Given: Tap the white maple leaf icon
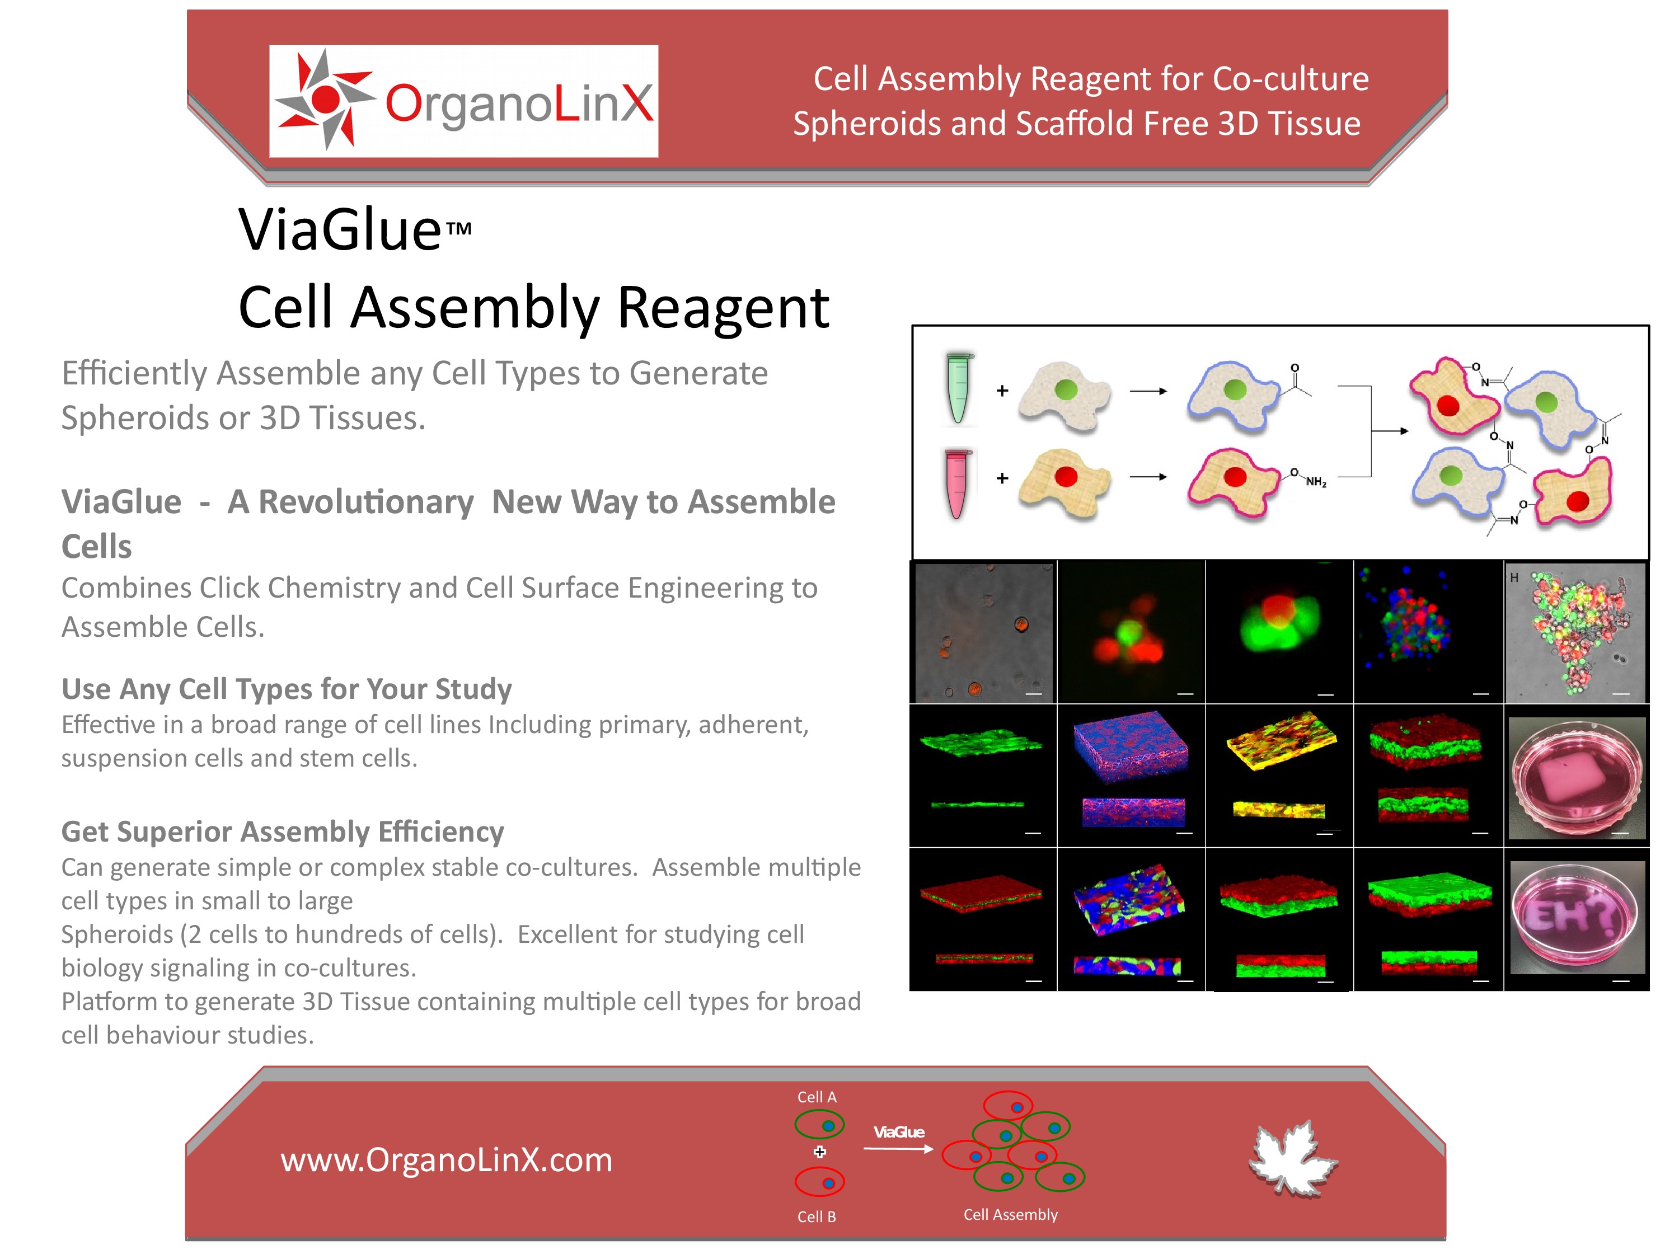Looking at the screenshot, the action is (x=1293, y=1159).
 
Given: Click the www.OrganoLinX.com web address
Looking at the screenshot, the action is (x=446, y=1159).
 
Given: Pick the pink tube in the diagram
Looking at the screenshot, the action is (x=958, y=483).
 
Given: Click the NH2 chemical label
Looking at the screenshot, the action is (x=1316, y=482).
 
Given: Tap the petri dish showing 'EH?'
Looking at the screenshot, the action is (x=1574, y=917).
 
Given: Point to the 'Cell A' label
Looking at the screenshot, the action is (x=817, y=1097).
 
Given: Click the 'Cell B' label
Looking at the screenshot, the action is (x=817, y=1216).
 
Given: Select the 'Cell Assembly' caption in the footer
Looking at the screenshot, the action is (x=1010, y=1215).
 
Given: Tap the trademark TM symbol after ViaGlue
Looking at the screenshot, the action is (x=458, y=228).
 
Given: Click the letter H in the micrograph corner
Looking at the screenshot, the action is (x=1514, y=577).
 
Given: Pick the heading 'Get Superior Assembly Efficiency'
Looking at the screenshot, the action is (x=283, y=831).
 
